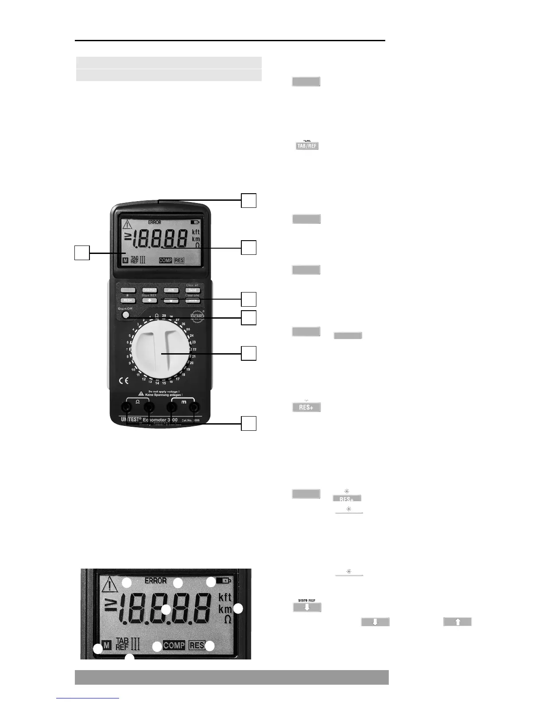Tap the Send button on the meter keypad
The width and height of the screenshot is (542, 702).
[193, 290]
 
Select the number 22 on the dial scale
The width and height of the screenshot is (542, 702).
[194, 349]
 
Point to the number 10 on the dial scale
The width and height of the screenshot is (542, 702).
[133, 370]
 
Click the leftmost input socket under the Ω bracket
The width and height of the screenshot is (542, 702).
[127, 407]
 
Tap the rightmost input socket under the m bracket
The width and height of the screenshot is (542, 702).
[193, 407]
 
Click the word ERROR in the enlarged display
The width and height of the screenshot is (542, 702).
[156, 581]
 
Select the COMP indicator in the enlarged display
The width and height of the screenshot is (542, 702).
[174, 645]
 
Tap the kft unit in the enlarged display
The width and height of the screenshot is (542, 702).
[225, 597]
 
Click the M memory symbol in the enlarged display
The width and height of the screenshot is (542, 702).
[106, 645]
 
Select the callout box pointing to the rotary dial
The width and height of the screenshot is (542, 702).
[249, 353]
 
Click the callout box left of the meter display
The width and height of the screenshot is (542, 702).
[81, 253]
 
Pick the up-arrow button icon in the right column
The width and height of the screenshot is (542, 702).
[457, 622]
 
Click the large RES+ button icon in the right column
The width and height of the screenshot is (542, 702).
[306, 407]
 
